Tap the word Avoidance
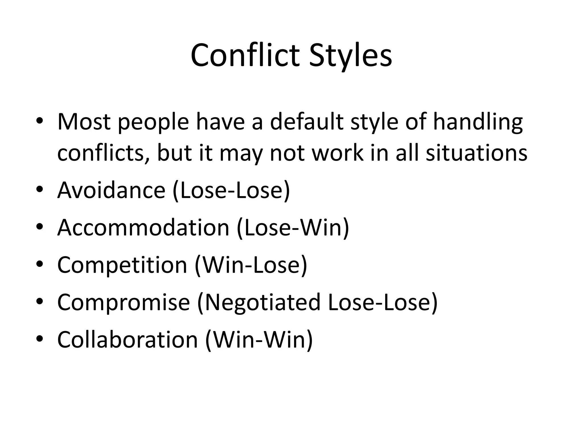[x=111, y=190]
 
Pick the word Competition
[x=122, y=265]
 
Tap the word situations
[x=476, y=153]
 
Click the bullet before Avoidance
[x=40, y=189]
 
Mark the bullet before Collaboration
[x=40, y=338]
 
